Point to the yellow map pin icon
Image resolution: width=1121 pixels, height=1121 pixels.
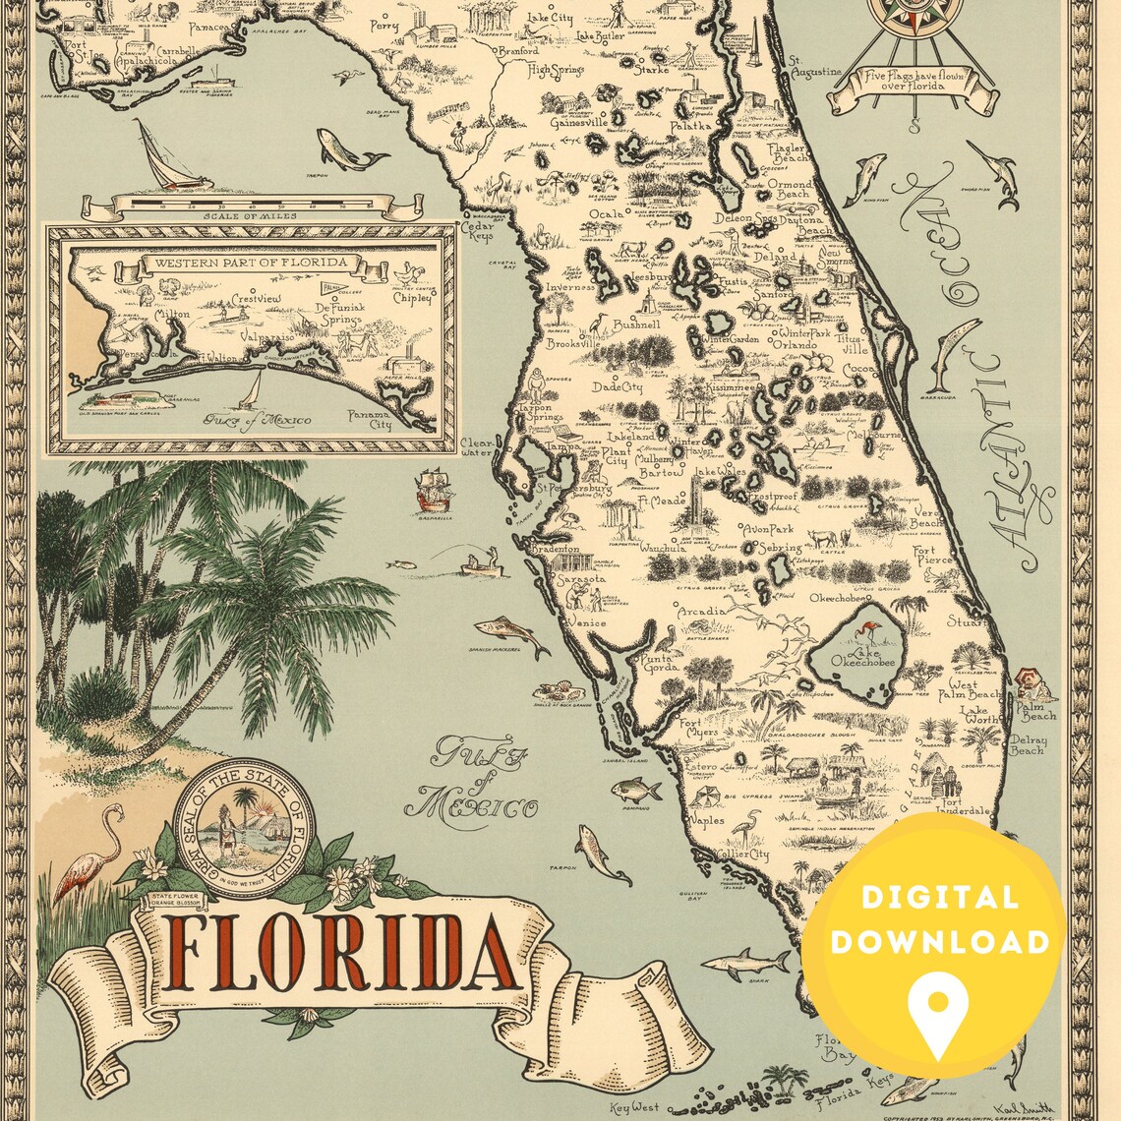(936, 1014)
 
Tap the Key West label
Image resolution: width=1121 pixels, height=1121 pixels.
(633, 1107)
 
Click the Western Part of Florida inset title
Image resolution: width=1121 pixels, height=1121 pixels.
(246, 263)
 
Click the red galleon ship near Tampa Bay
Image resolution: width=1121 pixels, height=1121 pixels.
(432, 489)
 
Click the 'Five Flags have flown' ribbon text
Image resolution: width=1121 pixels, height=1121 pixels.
(912, 82)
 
